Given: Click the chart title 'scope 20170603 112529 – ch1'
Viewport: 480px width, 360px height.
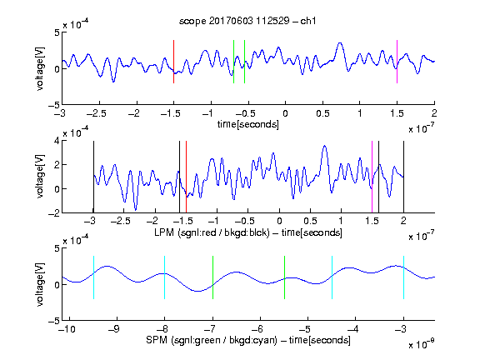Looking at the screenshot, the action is point(247,21).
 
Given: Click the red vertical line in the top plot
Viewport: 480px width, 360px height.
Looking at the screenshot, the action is point(173,62).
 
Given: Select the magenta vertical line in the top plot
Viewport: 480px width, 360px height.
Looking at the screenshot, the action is point(397,62).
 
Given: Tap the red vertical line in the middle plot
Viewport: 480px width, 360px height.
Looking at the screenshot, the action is point(186,177).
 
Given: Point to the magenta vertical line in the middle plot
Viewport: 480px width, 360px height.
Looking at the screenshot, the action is point(372,177).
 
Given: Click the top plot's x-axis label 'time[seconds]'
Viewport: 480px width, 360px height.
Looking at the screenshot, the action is point(248,124).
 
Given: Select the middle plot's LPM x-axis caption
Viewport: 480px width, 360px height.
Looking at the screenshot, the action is point(248,232).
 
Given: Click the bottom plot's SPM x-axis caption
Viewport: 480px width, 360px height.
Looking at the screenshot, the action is point(248,340).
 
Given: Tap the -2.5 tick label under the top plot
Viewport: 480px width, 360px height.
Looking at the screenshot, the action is point(97,113).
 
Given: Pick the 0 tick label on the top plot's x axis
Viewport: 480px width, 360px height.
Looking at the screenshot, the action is point(285,113).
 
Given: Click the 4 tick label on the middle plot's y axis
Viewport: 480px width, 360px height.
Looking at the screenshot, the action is point(56,141).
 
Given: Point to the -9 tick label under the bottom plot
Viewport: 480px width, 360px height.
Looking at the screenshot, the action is point(114,329).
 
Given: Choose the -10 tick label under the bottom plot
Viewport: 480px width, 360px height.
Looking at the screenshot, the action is point(67,329).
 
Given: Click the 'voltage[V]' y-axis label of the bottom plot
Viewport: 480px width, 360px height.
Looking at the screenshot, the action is point(40,284).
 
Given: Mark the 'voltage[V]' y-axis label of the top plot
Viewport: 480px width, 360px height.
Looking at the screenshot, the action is point(40,68).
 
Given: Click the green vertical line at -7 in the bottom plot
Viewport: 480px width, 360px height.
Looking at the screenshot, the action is point(212,277).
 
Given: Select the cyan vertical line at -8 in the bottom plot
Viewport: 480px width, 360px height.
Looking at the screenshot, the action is point(165,277).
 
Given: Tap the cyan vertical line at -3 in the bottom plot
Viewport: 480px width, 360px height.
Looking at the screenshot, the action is point(404,277).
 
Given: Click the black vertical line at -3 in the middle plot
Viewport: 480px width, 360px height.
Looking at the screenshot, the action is point(93,177).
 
